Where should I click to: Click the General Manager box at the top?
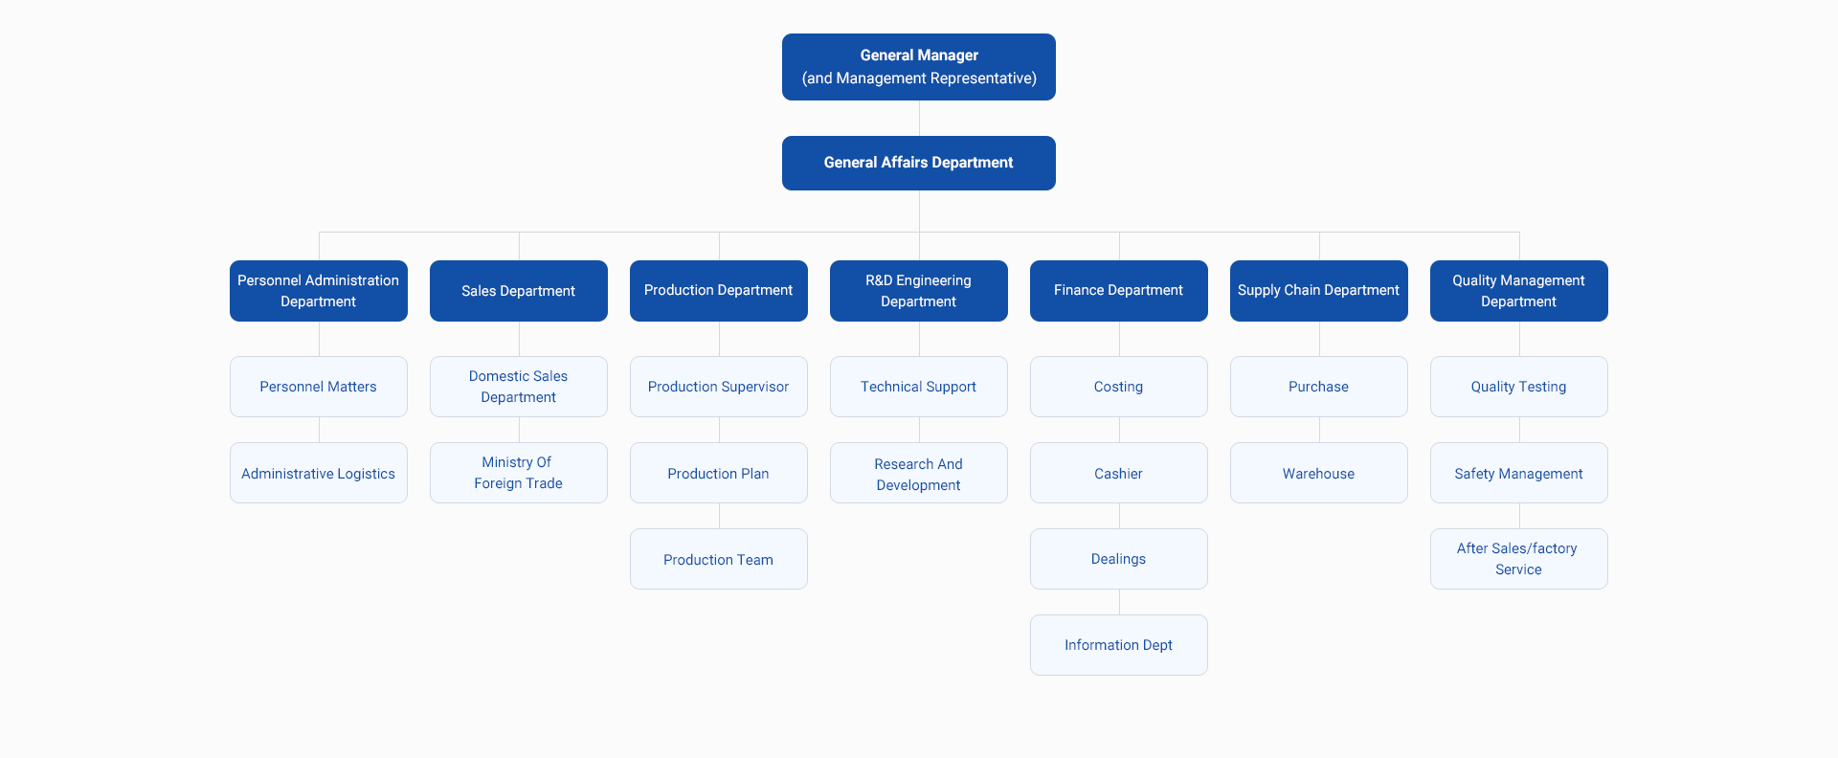point(918,67)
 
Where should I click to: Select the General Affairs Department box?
point(918,163)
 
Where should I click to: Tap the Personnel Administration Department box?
point(318,291)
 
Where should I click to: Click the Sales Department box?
point(518,291)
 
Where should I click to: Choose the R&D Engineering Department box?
point(918,291)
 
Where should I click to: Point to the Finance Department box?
point(1118,291)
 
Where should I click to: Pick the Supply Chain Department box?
point(1318,291)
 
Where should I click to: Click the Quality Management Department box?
point(1518,291)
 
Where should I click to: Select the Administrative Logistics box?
point(318,473)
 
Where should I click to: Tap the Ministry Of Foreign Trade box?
point(518,473)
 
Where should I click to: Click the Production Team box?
point(718,559)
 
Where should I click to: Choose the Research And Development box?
point(918,473)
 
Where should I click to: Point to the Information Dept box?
point(1118,645)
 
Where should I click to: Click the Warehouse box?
point(1318,473)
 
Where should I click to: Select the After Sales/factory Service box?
point(1518,559)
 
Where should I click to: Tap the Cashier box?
point(1118,473)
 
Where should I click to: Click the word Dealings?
point(1118,559)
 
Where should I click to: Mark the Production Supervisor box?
point(718,387)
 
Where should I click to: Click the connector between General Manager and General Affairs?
point(919,118)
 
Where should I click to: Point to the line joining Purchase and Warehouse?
point(1319,430)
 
